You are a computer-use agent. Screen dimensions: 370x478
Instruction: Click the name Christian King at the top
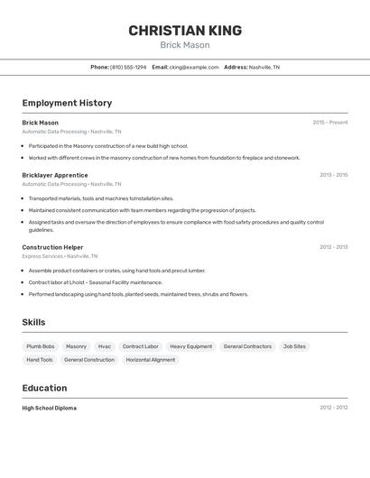pos(185,31)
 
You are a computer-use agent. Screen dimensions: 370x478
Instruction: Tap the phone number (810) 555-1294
pos(128,67)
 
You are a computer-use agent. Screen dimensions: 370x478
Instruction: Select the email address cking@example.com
pos(194,67)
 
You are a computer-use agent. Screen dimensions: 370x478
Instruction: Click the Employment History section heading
pos(67,103)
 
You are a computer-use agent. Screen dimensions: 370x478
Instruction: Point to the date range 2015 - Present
pos(329,123)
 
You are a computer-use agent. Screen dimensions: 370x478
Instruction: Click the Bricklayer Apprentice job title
pos(55,175)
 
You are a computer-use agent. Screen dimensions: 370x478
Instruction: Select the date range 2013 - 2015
pos(333,175)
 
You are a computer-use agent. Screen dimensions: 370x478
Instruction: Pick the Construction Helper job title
pos(52,246)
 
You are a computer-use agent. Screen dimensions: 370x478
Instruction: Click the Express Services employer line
pos(60,256)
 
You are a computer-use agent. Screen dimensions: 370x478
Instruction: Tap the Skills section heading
pos(34,322)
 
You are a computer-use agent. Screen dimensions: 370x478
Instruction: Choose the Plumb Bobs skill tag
pos(41,346)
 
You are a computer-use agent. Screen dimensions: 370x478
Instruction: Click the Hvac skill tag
pos(105,346)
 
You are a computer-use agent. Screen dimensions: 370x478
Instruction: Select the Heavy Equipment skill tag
pos(191,346)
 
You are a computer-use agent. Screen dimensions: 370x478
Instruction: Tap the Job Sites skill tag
pos(294,346)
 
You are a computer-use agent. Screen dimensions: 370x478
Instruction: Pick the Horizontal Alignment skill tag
pos(151,360)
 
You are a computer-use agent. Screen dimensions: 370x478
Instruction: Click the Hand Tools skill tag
pos(40,360)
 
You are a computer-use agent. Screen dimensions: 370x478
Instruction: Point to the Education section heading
pos(44,388)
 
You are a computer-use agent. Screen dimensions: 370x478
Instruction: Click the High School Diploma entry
pos(50,408)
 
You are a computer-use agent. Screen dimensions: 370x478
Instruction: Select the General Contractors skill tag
pos(247,346)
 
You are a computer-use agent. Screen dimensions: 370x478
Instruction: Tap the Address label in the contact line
pos(236,67)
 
